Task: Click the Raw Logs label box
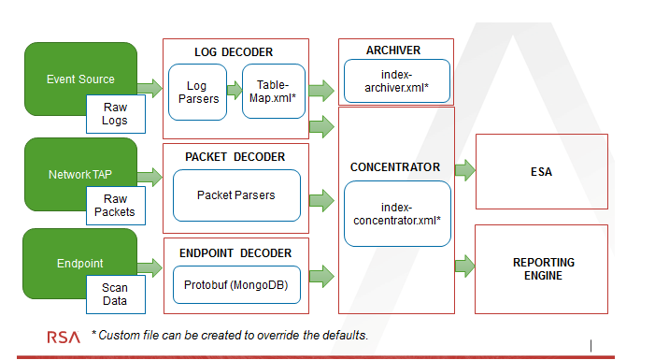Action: click(115, 114)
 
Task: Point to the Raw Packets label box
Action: click(115, 205)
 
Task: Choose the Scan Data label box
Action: click(115, 295)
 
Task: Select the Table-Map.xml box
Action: click(274, 92)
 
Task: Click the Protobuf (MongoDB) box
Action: click(235, 284)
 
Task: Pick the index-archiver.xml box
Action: click(397, 81)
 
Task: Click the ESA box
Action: click(541, 171)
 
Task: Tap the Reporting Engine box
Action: click(541, 268)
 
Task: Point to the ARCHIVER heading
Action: click(393, 50)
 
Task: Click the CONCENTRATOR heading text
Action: click(394, 167)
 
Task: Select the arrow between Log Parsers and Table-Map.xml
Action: click(233, 92)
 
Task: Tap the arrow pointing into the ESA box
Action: click(464, 169)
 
